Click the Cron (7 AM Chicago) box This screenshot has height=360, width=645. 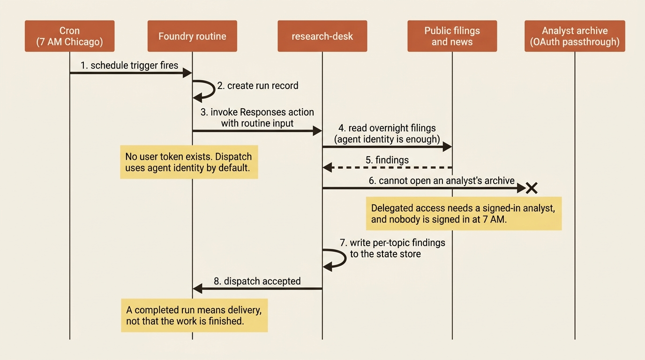[70, 36]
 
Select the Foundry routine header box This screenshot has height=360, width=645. [192, 36]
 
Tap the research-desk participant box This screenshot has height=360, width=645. [322, 36]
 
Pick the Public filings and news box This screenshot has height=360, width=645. [452, 36]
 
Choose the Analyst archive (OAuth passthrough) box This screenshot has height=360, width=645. [575, 36]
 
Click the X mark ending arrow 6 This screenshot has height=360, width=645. [532, 188]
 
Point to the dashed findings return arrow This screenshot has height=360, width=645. [387, 167]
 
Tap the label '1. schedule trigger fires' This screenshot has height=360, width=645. [129, 65]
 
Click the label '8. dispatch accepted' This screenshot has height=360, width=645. [257, 281]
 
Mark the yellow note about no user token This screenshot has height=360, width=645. [189, 162]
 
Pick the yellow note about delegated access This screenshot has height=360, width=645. [464, 213]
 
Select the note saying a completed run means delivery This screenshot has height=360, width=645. [195, 315]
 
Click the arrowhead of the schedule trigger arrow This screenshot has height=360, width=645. [187, 73]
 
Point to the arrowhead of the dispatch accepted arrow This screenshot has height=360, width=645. [197, 288]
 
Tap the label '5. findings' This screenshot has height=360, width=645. [387, 160]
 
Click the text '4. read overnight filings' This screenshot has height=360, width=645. [387, 128]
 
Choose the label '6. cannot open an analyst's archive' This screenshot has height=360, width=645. [442, 180]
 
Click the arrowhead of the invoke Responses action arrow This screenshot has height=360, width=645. [317, 131]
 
